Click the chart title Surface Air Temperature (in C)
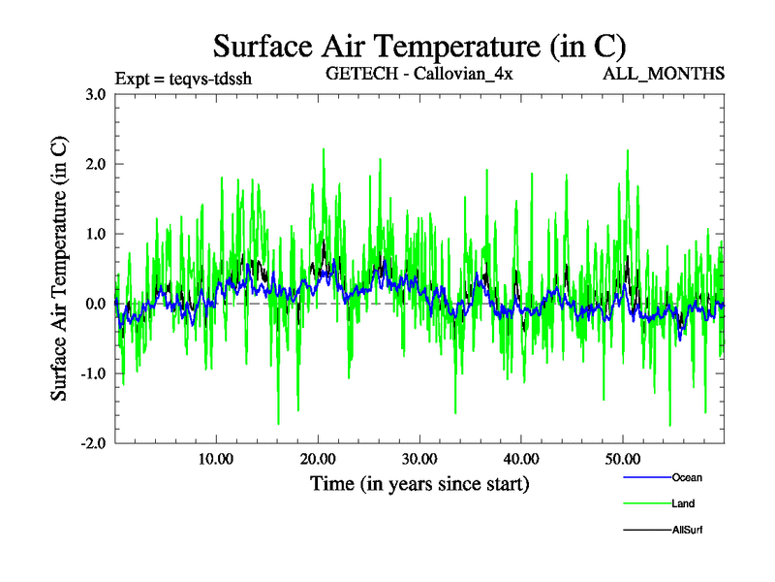[x=419, y=46]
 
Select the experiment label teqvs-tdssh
[x=183, y=79]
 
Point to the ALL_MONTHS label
[x=664, y=74]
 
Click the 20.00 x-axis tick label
[x=318, y=458]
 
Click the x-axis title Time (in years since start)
[x=419, y=482]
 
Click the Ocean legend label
[x=687, y=477]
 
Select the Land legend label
[x=683, y=503]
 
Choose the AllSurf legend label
[x=688, y=530]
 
